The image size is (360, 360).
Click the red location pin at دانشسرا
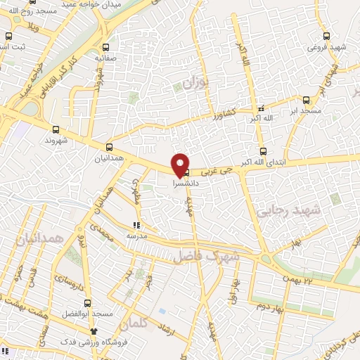pos(181,164)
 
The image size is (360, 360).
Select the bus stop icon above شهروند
pos(56,129)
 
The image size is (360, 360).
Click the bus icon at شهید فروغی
pos(326,37)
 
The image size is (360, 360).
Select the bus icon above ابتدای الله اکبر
pos(263,151)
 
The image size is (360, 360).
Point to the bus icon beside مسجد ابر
pos(306,100)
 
